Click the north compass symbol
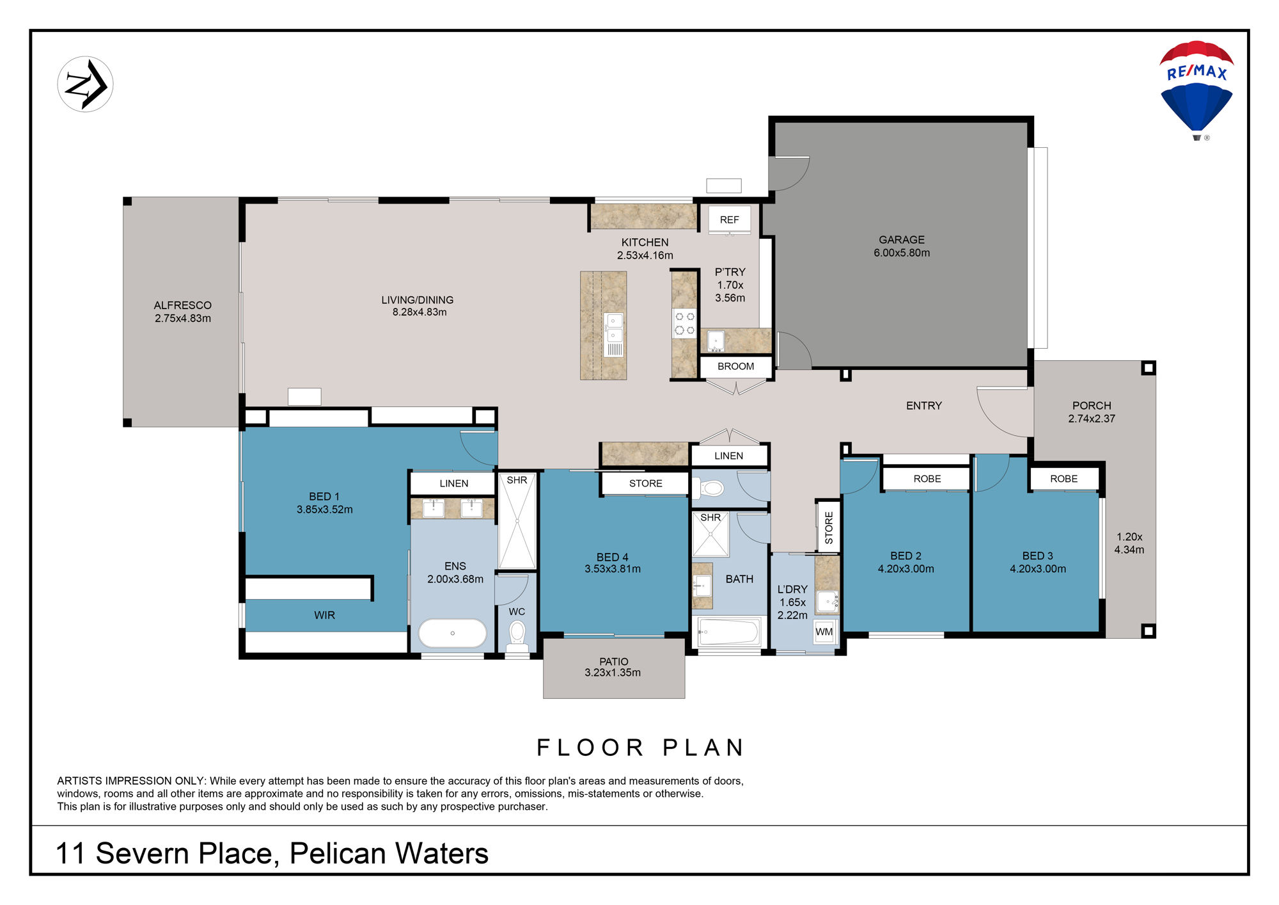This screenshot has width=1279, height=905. (x=85, y=84)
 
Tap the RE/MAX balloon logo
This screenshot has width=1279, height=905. (x=1197, y=90)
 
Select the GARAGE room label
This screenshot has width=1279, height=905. (x=902, y=240)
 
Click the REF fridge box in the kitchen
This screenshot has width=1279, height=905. (x=729, y=220)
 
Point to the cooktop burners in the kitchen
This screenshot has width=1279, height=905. (x=685, y=324)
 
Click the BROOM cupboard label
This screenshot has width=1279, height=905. (x=735, y=367)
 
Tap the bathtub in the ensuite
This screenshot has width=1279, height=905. (x=452, y=634)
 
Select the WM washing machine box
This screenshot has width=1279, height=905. (x=824, y=632)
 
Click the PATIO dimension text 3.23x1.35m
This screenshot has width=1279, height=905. (x=613, y=673)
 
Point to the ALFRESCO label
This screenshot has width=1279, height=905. (x=183, y=305)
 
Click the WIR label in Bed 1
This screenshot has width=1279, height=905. (x=324, y=615)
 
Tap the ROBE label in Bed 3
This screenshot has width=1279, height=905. (x=1064, y=479)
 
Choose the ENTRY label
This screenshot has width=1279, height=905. (x=924, y=406)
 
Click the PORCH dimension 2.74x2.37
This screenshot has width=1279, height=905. (x=1092, y=419)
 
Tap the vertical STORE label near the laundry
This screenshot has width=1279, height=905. (x=829, y=527)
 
